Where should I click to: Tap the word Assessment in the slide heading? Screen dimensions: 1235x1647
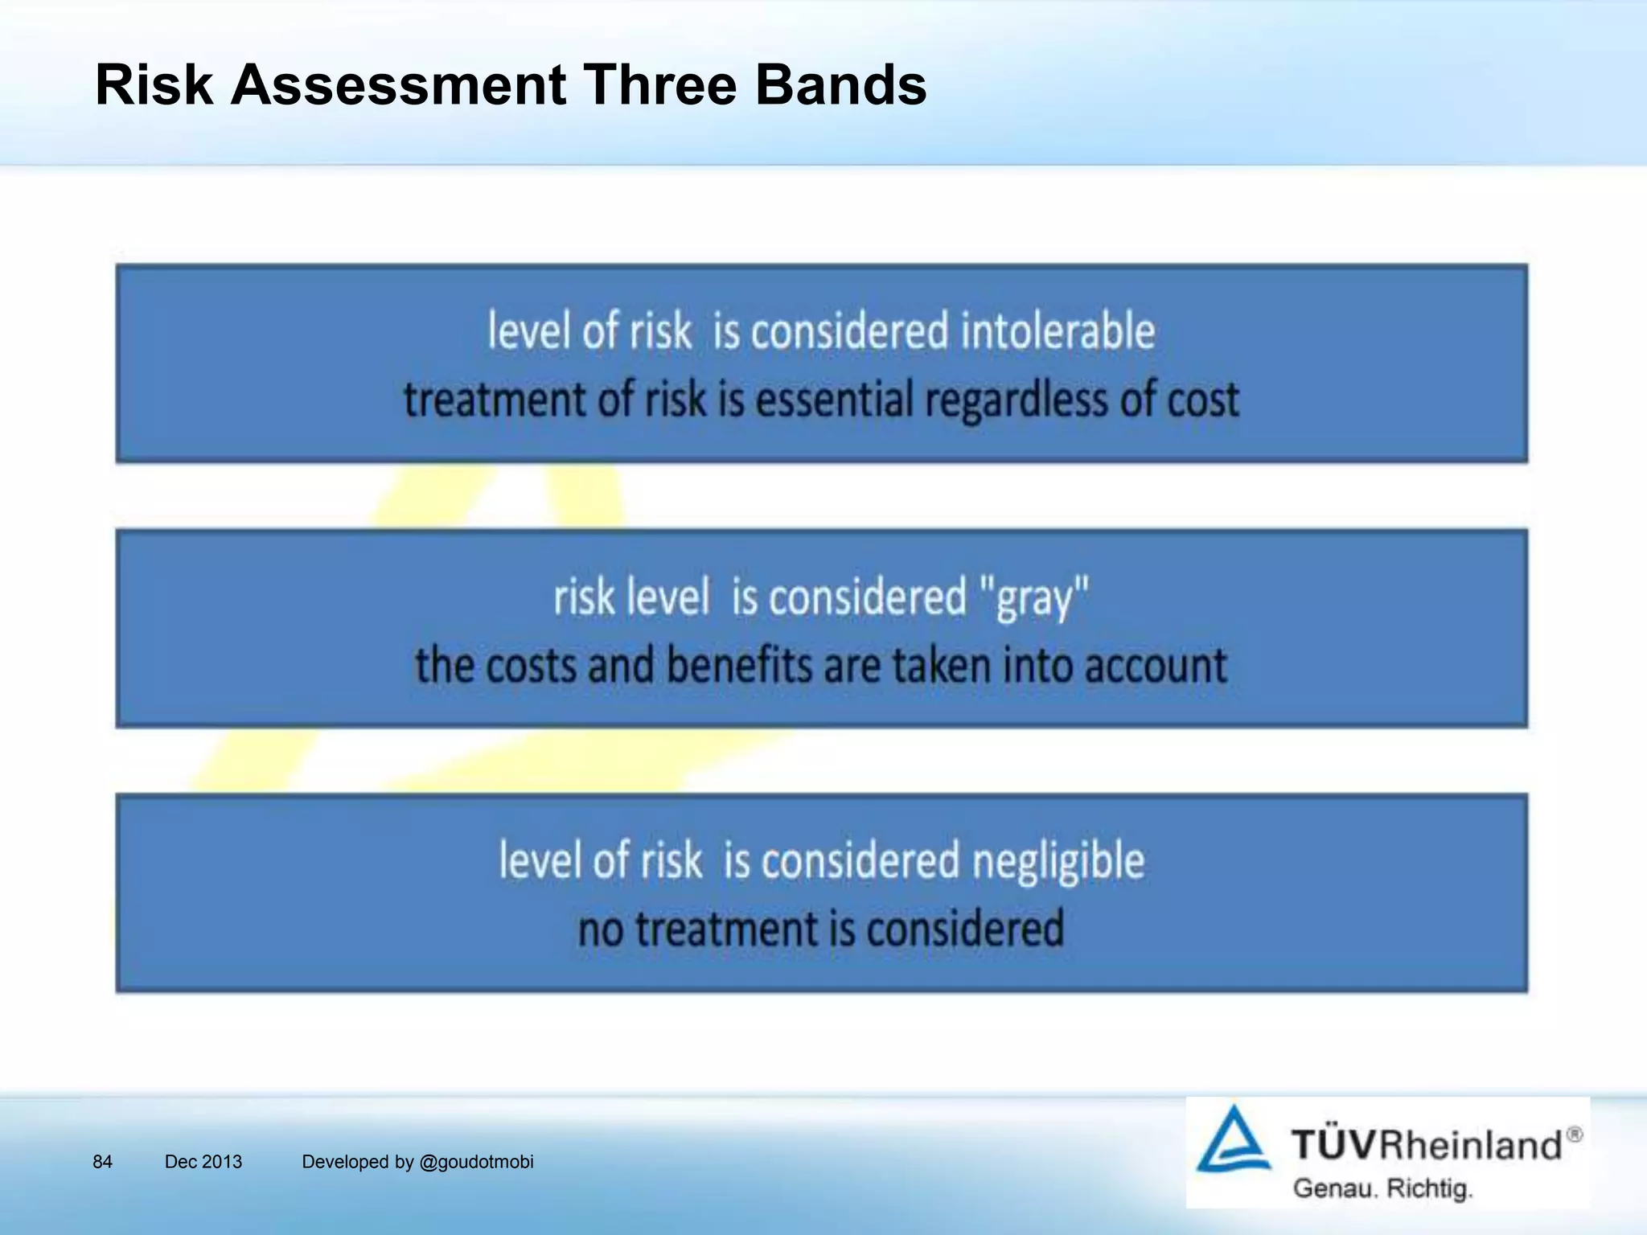[398, 84]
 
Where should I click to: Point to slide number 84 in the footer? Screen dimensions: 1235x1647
[102, 1162]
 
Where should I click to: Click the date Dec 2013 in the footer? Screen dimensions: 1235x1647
[203, 1162]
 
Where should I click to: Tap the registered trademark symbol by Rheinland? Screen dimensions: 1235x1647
[1575, 1134]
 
